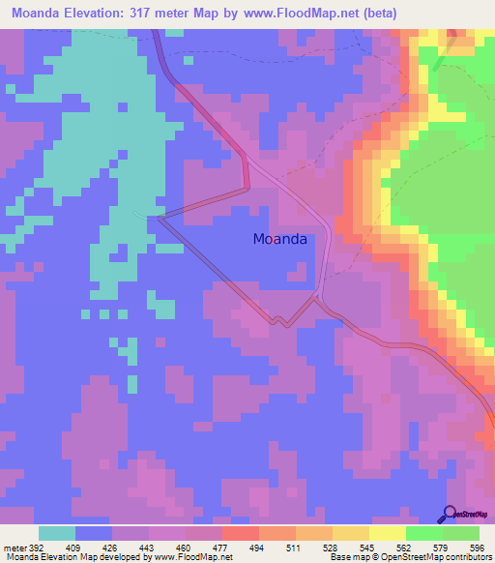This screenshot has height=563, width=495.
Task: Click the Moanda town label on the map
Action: click(279, 239)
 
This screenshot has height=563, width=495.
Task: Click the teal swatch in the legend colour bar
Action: click(57, 533)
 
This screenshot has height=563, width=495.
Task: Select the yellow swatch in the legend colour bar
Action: click(388, 533)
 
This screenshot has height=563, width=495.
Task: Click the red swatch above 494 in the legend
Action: click(241, 533)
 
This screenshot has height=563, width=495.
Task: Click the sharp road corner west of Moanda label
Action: click(160, 218)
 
